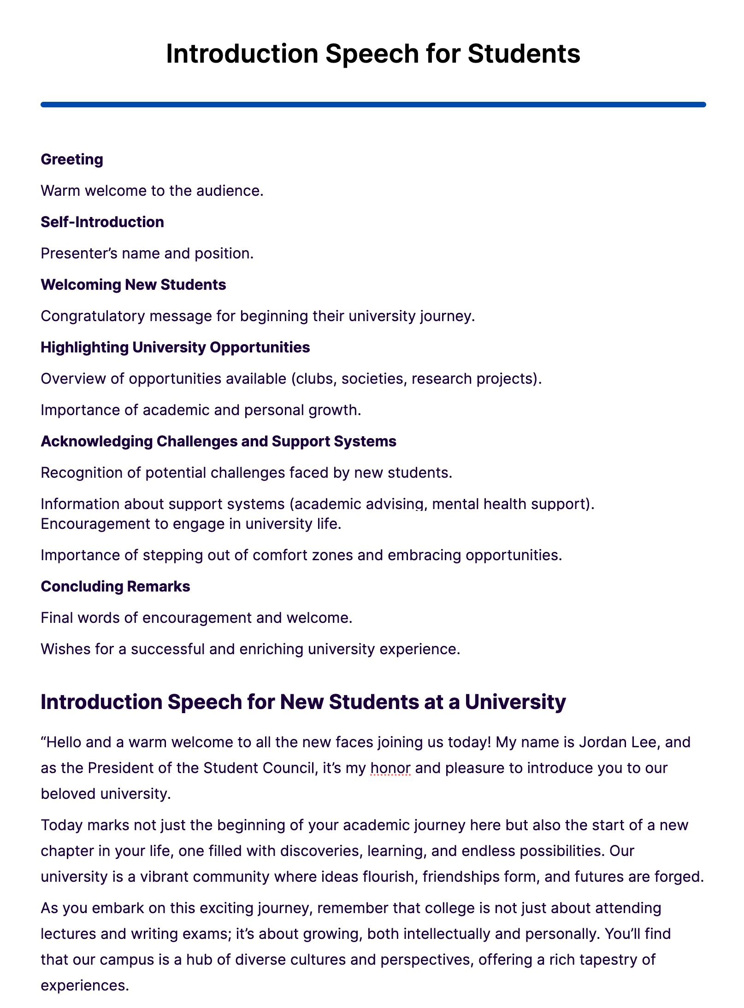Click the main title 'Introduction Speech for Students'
click(372, 54)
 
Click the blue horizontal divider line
click(372, 105)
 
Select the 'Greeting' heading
click(72, 159)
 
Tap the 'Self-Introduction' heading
click(102, 222)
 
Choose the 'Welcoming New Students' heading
click(133, 285)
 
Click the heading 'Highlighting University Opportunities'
click(175, 347)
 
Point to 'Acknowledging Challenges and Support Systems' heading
click(218, 441)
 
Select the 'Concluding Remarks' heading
click(115, 586)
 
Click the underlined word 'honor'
click(390, 768)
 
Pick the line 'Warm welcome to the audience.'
click(152, 191)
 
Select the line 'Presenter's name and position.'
click(147, 253)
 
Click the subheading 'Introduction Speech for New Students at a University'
click(303, 702)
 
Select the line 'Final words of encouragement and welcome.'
click(196, 618)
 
